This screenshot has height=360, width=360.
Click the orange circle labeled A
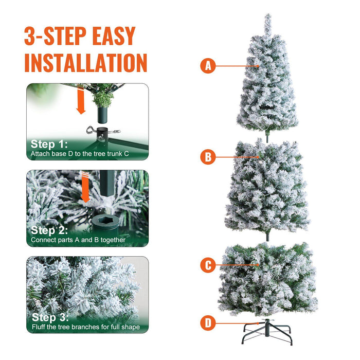tap(208, 66)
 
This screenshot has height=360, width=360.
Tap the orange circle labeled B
tap(208, 157)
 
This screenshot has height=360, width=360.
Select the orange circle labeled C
tap(208, 265)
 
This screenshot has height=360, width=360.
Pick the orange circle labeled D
tap(208, 323)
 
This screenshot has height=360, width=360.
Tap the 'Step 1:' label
tap(49, 144)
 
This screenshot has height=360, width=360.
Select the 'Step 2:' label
tap(49, 230)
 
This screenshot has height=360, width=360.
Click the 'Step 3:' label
tap(49, 317)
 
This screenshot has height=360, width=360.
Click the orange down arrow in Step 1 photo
tap(81, 102)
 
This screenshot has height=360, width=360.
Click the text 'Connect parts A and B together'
tap(78, 240)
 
